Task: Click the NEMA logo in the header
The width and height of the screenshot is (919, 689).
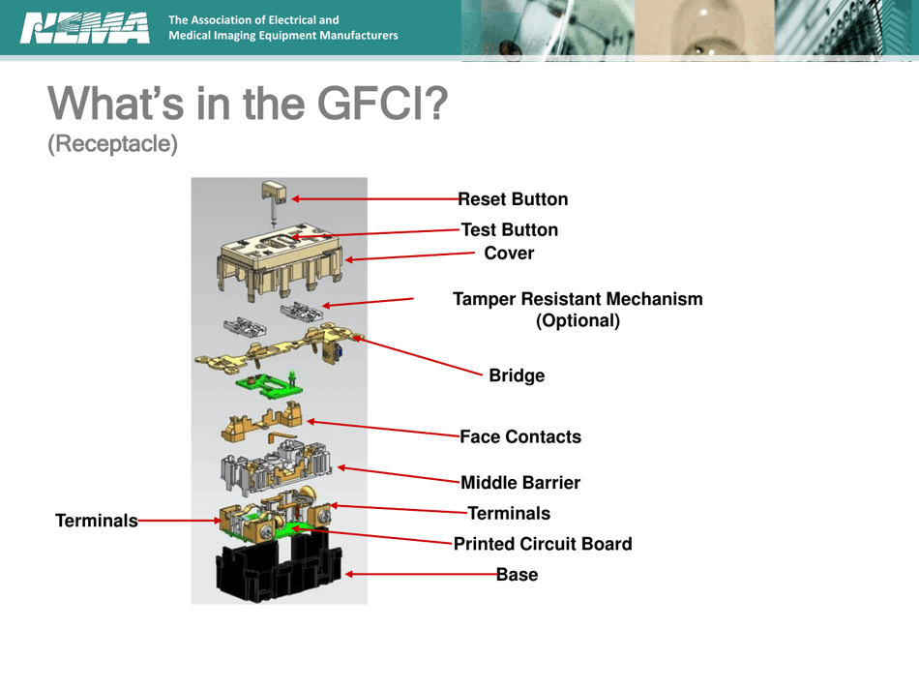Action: [x=85, y=28]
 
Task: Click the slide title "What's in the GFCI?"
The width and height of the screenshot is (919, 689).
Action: [x=248, y=104]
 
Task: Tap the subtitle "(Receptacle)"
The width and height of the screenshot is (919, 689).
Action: [x=112, y=143]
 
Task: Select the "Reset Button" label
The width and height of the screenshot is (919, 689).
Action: [x=513, y=199]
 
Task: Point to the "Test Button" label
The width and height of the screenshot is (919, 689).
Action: [x=510, y=230]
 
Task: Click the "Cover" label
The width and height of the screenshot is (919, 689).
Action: [x=509, y=254]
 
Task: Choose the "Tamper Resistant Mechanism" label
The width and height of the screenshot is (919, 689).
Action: [x=578, y=299]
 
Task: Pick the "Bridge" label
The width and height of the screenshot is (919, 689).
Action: [x=517, y=375]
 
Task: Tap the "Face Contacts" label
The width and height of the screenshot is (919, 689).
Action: [x=520, y=437]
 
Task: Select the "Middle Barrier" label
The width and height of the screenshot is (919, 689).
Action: [x=520, y=482]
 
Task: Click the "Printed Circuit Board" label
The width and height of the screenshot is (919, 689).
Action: [x=543, y=544]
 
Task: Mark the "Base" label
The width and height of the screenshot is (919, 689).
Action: [x=517, y=575]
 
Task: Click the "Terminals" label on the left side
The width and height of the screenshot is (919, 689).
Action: [x=96, y=521]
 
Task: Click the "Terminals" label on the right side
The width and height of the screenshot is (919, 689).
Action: [x=509, y=513]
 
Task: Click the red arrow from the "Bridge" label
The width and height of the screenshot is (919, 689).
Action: [x=416, y=355]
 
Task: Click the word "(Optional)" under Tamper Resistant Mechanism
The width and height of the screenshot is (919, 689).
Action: [x=578, y=320]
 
